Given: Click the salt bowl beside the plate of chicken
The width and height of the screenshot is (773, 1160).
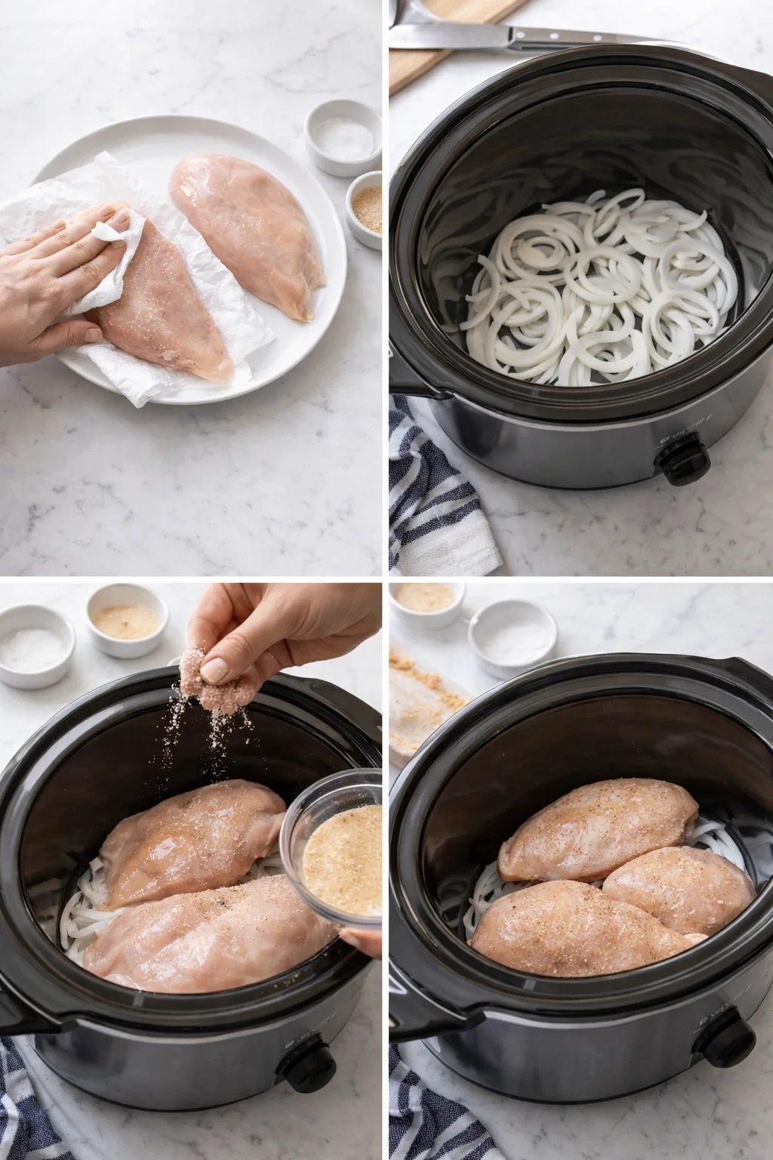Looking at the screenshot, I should point(343,136).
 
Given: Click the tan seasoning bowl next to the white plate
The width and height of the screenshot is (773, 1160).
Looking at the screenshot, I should point(365,208).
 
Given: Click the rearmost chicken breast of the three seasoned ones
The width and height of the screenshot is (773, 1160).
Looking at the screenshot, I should point(596,831).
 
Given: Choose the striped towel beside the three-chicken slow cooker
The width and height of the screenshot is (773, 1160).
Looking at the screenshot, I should point(430,1110).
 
